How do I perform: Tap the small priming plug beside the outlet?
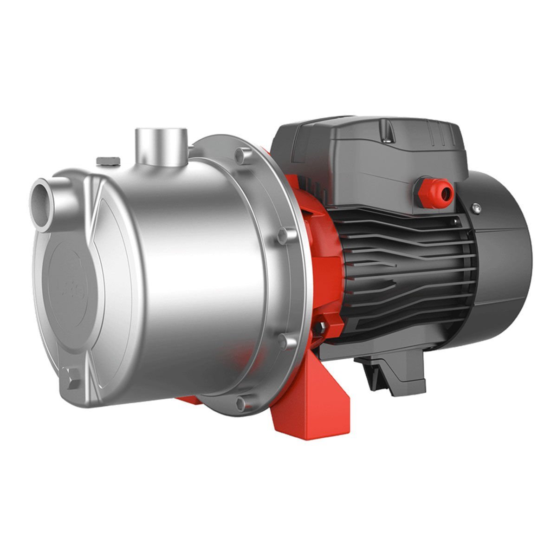click(107, 161)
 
